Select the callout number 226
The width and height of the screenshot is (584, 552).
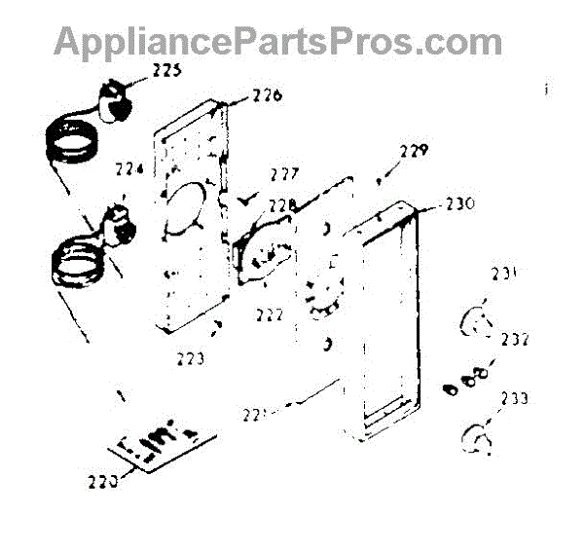(x=266, y=95)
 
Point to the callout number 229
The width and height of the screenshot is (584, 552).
(x=413, y=151)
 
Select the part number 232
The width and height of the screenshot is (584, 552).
(x=515, y=341)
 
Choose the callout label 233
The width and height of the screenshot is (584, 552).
(x=515, y=399)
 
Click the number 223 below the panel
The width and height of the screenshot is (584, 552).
(x=190, y=358)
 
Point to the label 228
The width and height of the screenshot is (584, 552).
(x=281, y=205)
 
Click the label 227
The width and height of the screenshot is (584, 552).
(x=284, y=176)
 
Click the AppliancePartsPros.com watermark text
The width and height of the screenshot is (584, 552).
(x=277, y=42)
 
